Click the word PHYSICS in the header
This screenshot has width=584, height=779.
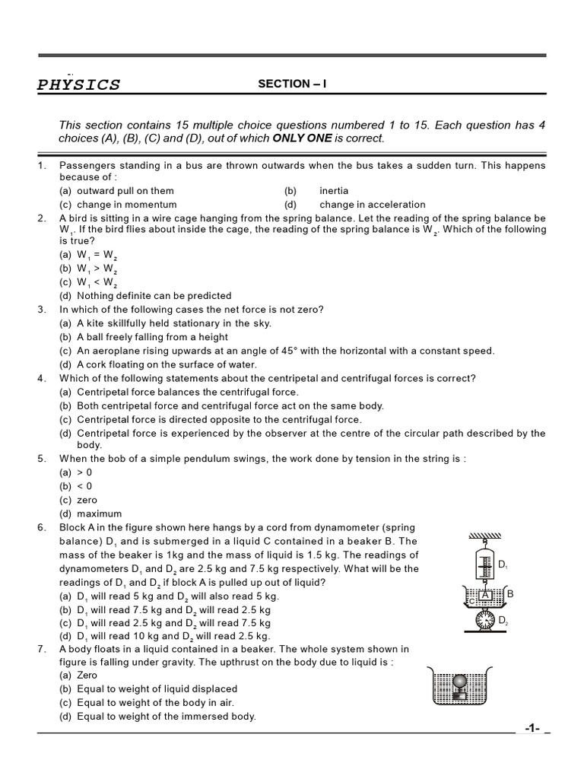click(78, 84)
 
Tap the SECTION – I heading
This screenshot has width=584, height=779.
click(291, 84)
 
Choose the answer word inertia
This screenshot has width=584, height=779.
click(334, 191)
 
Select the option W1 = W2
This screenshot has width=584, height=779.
click(97, 256)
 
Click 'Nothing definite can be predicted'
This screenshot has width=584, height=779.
click(154, 296)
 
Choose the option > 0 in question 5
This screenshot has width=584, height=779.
click(84, 472)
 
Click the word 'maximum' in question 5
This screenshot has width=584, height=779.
click(99, 514)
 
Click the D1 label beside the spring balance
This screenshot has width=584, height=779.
click(503, 564)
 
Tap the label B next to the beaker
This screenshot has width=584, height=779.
click(510, 593)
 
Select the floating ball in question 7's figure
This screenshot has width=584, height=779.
click(461, 680)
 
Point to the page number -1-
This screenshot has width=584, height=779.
click(532, 729)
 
